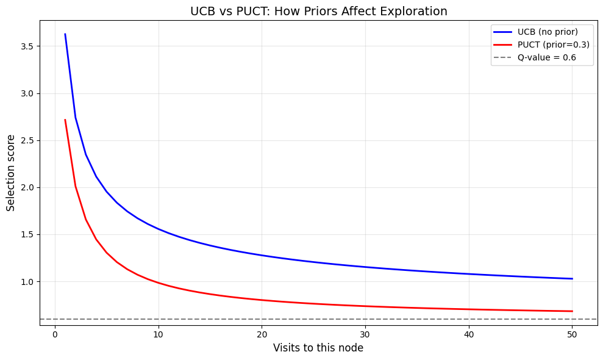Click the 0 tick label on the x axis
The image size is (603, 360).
55,334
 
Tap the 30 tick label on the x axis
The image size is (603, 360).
365,334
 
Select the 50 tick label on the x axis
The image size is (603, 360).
572,334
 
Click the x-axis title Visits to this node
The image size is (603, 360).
318,348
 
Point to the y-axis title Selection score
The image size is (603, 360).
11,173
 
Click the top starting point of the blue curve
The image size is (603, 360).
65,34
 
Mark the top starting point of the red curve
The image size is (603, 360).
65,120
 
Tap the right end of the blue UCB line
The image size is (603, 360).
572,279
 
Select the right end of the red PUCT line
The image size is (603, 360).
572,311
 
